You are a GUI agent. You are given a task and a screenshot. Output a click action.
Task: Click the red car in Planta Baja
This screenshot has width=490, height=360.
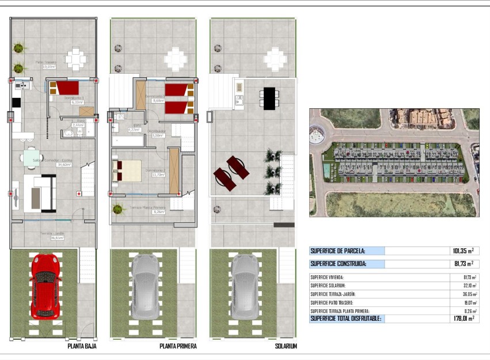[x=45, y=285]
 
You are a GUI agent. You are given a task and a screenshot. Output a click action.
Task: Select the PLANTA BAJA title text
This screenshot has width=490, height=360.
[x=82, y=346]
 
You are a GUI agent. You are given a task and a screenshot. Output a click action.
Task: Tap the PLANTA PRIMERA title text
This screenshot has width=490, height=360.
[x=178, y=346]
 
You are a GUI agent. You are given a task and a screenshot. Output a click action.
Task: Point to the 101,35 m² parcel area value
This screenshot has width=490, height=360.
[x=462, y=251]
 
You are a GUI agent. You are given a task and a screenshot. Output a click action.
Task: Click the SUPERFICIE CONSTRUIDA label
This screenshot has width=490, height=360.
[x=339, y=264]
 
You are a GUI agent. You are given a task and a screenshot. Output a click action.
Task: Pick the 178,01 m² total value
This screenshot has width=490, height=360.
[x=462, y=319]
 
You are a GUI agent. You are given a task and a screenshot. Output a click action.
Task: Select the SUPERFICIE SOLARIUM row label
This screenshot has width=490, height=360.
[x=328, y=285]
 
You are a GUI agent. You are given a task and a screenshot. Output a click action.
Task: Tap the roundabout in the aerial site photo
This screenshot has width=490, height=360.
[x=317, y=137]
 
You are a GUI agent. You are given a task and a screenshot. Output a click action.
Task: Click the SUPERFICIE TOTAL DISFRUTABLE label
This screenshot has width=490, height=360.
[x=345, y=319]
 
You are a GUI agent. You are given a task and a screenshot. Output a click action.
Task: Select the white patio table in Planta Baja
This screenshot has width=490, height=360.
[x=75, y=58]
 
